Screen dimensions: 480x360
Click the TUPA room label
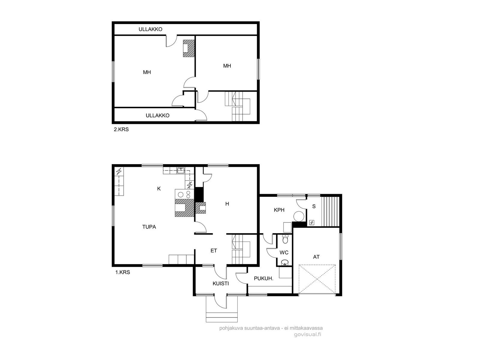tap(149, 227)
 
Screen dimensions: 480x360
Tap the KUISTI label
tap(220, 284)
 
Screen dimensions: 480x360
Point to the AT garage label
tap(316, 257)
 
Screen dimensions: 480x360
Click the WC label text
tap(284, 253)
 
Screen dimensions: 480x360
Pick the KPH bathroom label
tap(279, 210)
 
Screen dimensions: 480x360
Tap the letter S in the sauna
tap(314, 206)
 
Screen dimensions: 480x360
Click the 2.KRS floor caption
tap(121, 129)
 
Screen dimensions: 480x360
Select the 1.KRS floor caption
tap(122, 272)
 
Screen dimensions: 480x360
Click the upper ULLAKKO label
tap(151, 29)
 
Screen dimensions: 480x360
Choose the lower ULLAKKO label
tap(157, 115)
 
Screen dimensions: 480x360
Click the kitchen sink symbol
tap(181, 170)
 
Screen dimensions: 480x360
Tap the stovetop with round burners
tap(184, 194)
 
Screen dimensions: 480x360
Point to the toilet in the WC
tap(285, 239)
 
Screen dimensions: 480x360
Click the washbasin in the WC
tap(285, 262)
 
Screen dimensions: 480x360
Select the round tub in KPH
tap(299, 217)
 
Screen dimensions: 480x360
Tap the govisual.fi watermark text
tap(307, 334)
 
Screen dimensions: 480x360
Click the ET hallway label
tap(214, 251)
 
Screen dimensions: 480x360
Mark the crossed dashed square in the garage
tap(317, 279)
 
